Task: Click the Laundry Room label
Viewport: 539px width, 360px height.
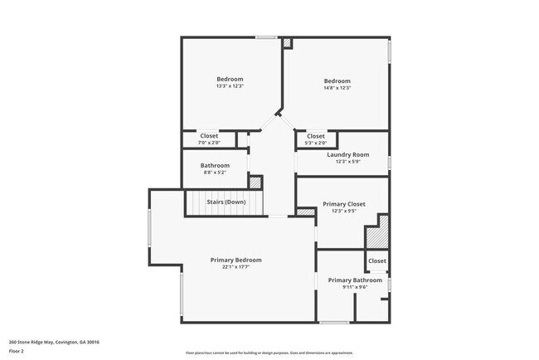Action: [347, 155]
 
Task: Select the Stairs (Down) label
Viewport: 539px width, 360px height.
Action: [226, 202]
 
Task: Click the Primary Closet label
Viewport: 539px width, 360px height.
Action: [343, 204]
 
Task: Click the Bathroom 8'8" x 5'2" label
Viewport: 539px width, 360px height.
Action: [216, 165]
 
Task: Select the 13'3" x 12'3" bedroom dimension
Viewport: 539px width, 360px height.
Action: [230, 86]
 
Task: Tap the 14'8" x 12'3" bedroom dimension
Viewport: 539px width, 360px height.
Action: [337, 88]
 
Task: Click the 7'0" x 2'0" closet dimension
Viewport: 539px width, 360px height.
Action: [209, 143]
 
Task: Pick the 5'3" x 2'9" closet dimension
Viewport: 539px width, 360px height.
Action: [316, 144]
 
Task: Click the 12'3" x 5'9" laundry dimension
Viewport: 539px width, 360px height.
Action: [347, 162]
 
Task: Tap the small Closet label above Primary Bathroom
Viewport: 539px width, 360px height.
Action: [376, 260]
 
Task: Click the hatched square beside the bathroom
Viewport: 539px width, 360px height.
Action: [255, 182]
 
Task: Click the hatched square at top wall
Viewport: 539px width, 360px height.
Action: [287, 42]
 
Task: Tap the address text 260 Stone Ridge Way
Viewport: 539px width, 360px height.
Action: [50, 341]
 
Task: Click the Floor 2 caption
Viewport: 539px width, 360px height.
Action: [17, 351]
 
